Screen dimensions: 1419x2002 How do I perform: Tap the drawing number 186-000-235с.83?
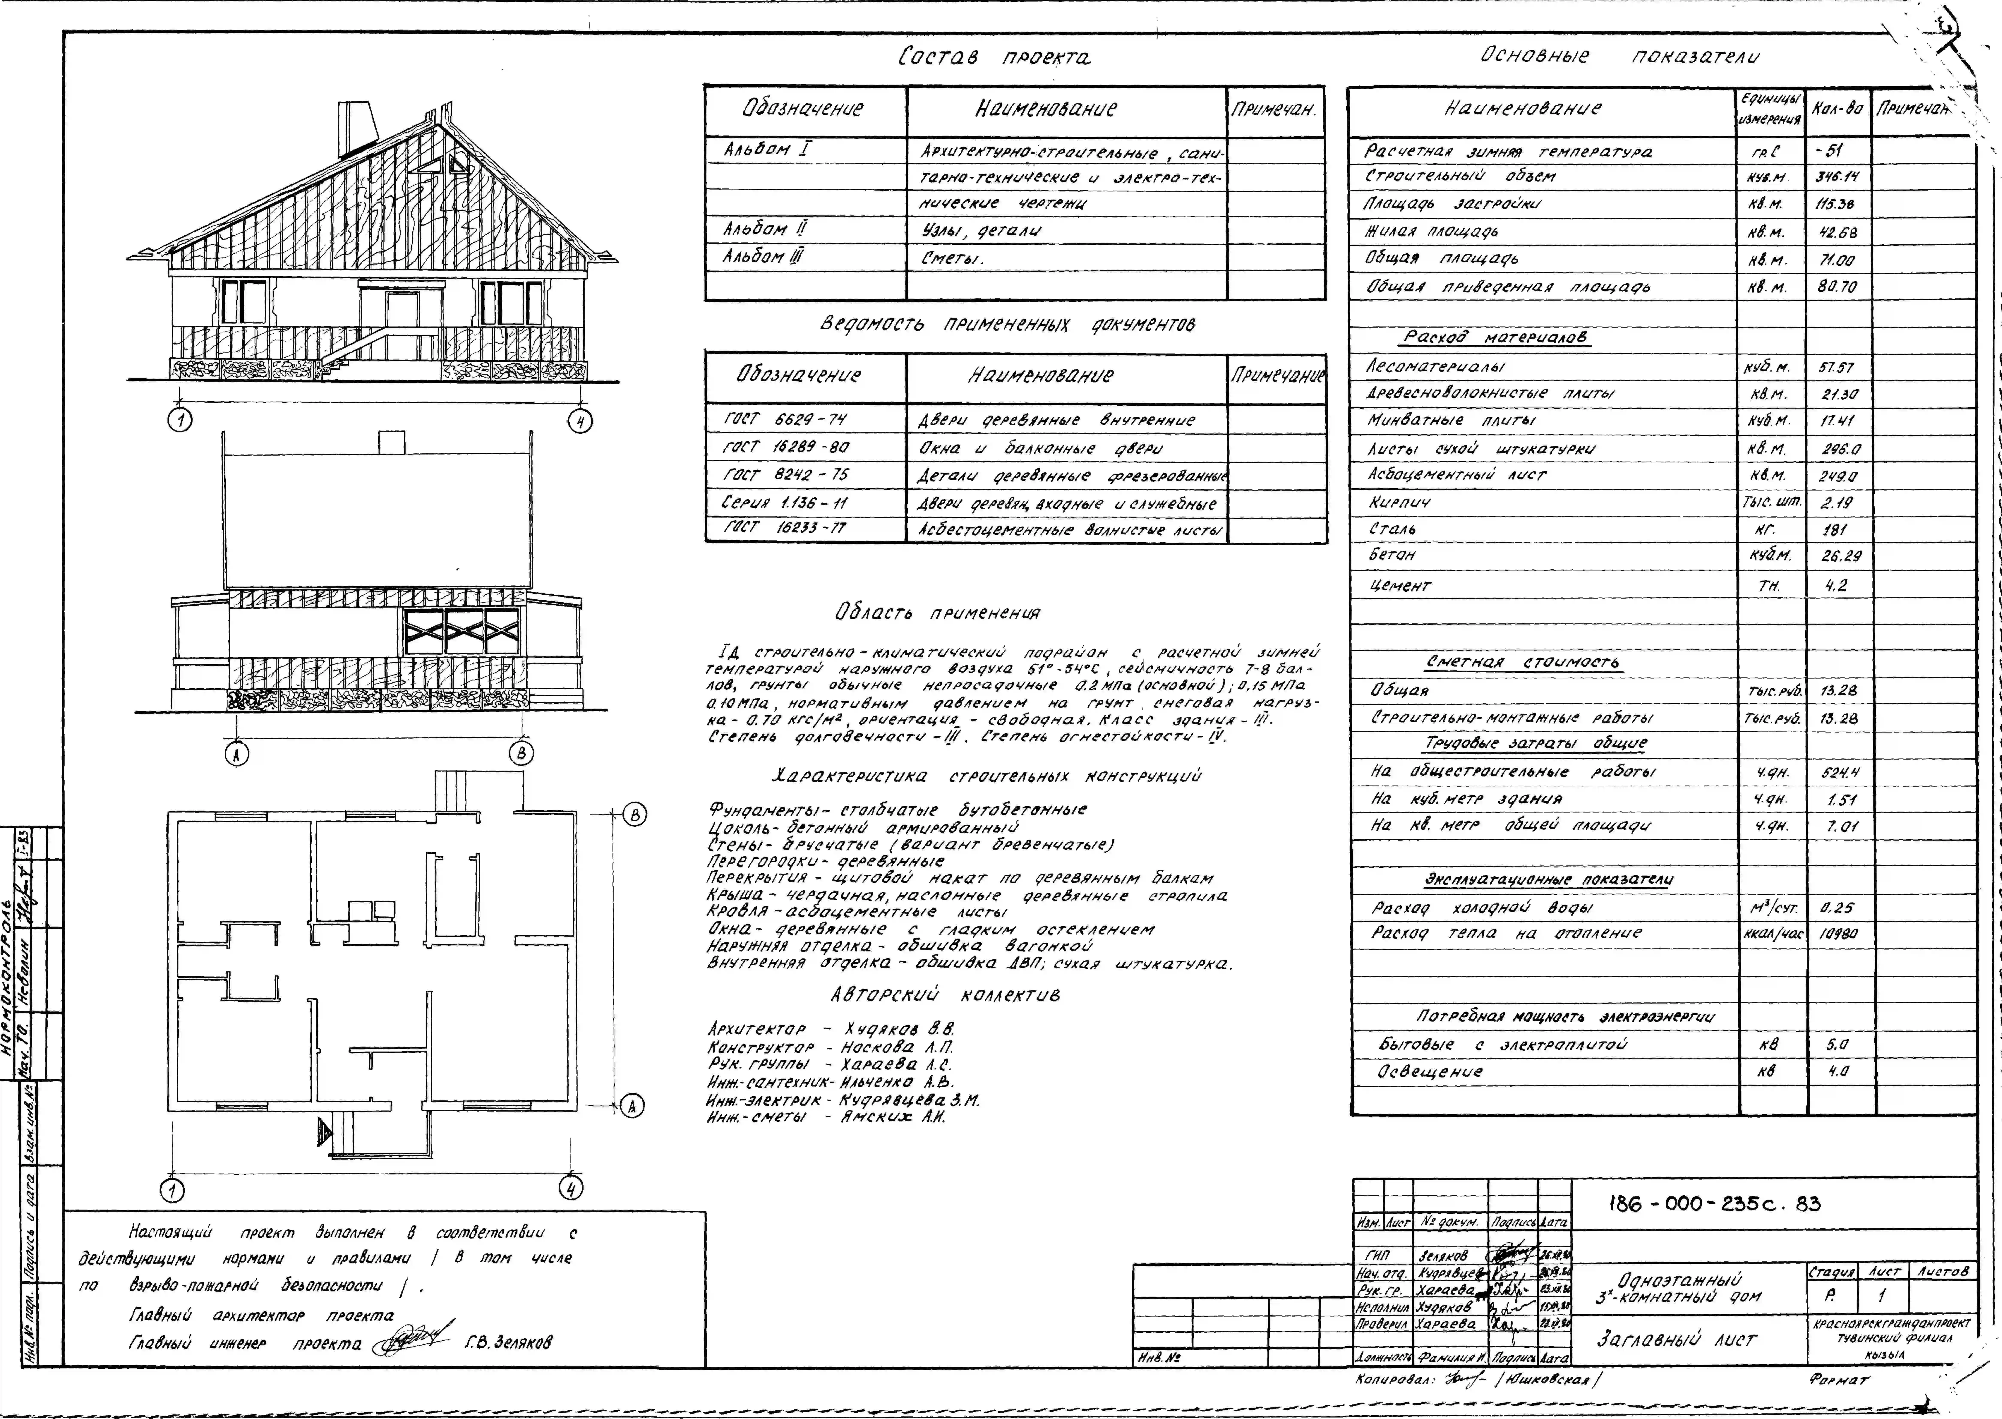coord(1714,1204)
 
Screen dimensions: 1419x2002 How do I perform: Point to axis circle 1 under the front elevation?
coord(181,421)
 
